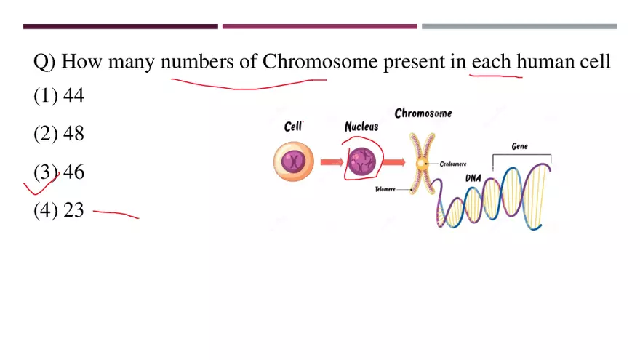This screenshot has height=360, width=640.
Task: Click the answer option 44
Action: click(x=59, y=95)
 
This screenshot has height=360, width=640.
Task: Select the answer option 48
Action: click(x=59, y=134)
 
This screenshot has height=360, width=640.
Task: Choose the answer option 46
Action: click(x=59, y=172)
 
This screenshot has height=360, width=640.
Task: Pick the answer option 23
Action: click(x=59, y=209)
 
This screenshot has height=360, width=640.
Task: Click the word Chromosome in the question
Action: click(x=320, y=61)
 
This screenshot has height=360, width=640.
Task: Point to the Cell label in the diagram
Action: click(x=294, y=127)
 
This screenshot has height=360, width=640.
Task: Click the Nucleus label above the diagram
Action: click(x=361, y=127)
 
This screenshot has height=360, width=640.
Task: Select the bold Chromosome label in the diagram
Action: click(x=423, y=113)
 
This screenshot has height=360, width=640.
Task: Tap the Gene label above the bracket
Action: click(x=519, y=146)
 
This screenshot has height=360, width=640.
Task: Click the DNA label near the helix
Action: click(x=473, y=178)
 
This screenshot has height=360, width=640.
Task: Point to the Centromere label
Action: click(x=453, y=164)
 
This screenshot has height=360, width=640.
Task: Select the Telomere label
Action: click(x=385, y=189)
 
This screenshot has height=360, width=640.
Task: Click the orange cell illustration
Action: click(x=294, y=161)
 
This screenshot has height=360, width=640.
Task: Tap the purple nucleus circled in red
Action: click(x=361, y=161)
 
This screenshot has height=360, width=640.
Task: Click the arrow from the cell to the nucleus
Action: click(x=332, y=162)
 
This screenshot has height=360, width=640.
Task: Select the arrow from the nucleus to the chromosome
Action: click(x=394, y=162)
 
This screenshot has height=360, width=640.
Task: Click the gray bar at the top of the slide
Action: click(x=519, y=26)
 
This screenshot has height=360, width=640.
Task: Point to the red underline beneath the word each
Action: click(x=496, y=76)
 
